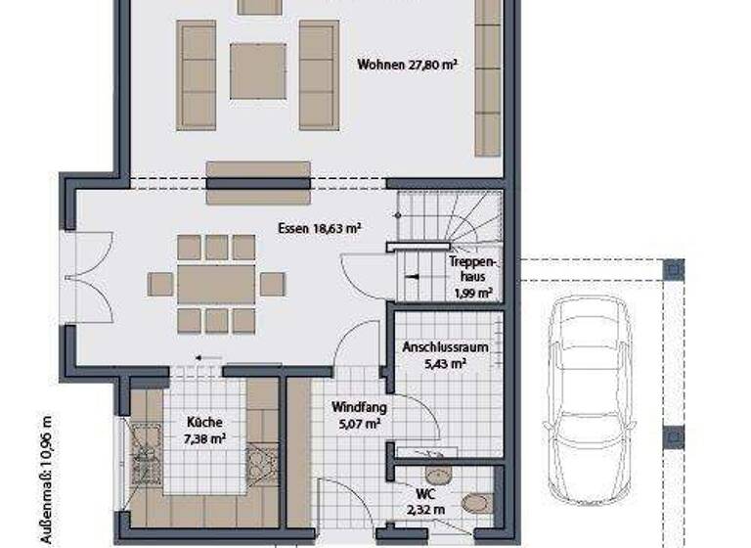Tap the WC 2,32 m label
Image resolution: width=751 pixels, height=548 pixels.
425,502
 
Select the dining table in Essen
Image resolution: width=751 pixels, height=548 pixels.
216,284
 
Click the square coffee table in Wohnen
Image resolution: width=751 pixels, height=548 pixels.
258,69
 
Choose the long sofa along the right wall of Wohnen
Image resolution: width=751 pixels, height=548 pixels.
488,78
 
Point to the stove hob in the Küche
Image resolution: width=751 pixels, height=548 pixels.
263,461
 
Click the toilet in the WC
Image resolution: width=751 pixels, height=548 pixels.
477,503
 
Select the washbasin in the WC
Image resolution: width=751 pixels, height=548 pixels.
440,477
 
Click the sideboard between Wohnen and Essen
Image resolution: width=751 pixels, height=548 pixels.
258,183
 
